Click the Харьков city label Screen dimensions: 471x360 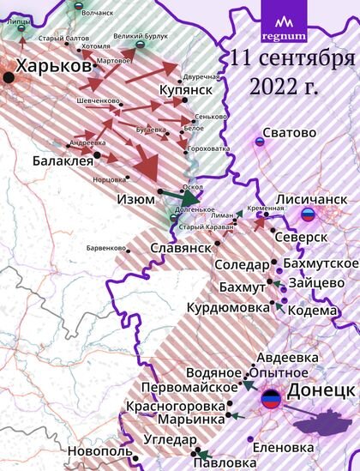click(x=51, y=66)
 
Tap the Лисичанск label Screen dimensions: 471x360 click(x=310, y=199)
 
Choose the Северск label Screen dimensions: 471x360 click(x=305, y=236)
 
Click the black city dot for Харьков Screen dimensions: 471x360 click(x=9, y=77)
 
